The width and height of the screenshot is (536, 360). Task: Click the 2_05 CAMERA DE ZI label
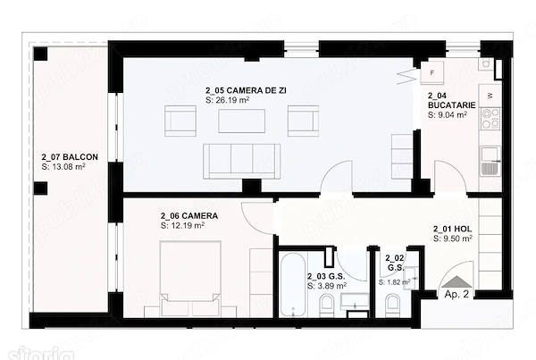click(246, 90)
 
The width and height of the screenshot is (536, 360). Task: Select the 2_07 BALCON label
click(70, 157)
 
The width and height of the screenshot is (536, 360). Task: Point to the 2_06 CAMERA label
click(189, 216)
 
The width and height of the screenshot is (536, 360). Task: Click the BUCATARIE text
click(451, 105)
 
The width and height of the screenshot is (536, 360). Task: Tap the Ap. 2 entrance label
click(456, 294)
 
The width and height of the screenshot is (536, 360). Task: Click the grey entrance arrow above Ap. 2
click(456, 281)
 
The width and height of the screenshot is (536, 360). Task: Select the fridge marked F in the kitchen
click(432, 72)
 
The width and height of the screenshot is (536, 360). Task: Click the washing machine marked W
click(490, 96)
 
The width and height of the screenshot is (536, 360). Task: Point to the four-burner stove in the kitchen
click(490, 119)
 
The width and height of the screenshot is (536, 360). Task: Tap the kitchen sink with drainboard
click(490, 161)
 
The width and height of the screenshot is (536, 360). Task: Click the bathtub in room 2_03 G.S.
click(293, 285)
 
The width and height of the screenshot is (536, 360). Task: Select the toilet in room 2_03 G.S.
click(327, 306)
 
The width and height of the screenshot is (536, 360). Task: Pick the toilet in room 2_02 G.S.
click(392, 306)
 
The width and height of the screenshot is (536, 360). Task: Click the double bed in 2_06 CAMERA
click(190, 279)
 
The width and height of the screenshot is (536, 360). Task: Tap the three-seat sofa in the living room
click(242, 162)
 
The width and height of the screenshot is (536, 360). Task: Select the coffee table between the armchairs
click(242, 121)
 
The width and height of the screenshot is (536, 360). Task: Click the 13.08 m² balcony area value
click(63, 167)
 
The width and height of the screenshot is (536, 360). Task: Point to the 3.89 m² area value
click(327, 286)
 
